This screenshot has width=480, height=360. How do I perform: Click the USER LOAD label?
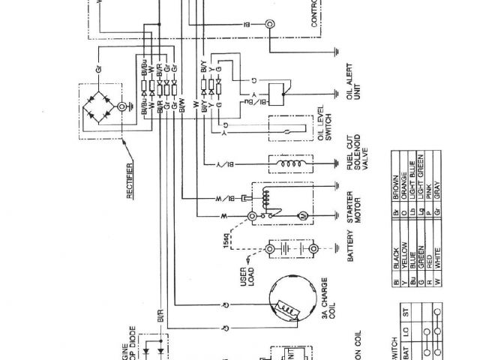[x=248, y=284]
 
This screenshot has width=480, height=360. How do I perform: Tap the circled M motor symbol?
[x=303, y=216]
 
